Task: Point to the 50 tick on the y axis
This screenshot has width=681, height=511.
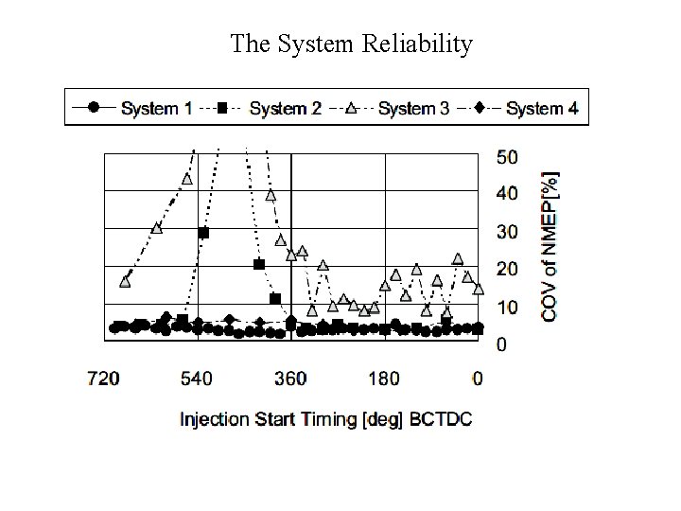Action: pos(507,155)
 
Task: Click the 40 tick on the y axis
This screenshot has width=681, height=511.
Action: pos(507,193)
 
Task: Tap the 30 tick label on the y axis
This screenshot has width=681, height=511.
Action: pos(507,231)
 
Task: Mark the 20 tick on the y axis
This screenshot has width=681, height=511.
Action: pos(507,269)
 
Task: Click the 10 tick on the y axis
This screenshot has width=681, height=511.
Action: pos(507,307)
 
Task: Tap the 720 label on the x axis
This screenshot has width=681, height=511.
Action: pos(103,379)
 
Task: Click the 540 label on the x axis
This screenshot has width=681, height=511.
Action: pos(197,379)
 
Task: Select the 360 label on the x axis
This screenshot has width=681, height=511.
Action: pos(290,379)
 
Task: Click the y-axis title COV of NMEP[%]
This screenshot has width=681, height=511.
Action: pos(550,245)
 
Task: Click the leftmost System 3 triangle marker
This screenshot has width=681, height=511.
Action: pos(126,281)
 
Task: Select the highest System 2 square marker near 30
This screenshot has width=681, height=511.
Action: pos(203,233)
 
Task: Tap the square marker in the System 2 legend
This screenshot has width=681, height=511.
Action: pos(221,108)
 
